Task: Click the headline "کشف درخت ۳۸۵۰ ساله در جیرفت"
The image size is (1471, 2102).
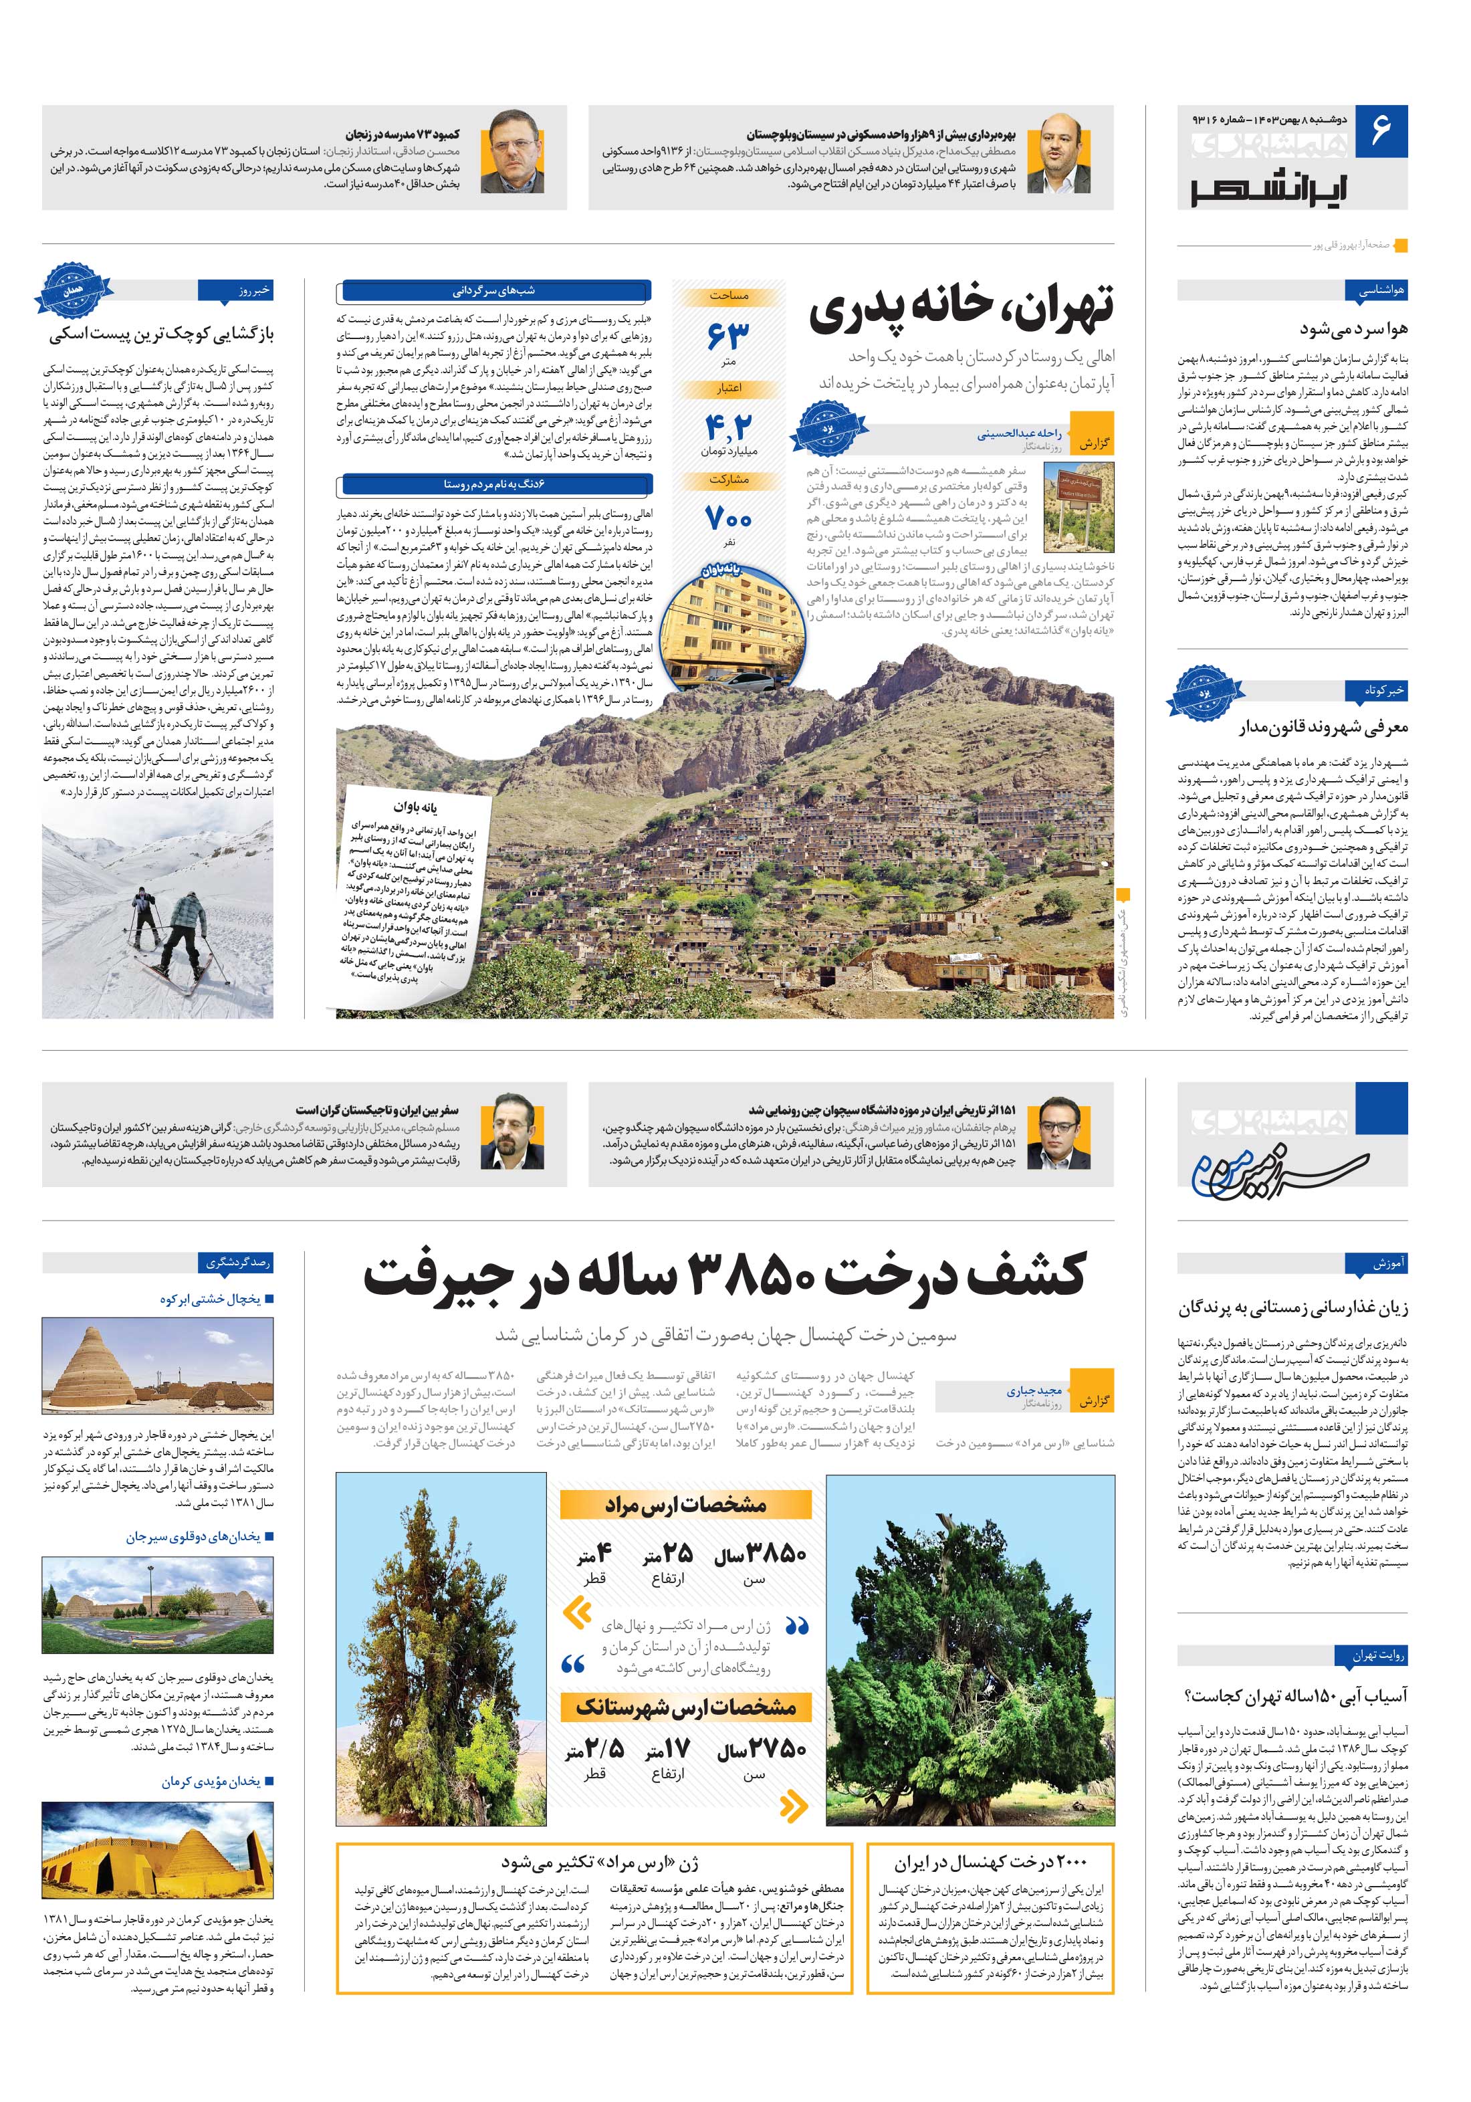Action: pos(723,1275)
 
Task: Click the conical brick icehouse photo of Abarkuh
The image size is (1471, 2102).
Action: pos(157,1368)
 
